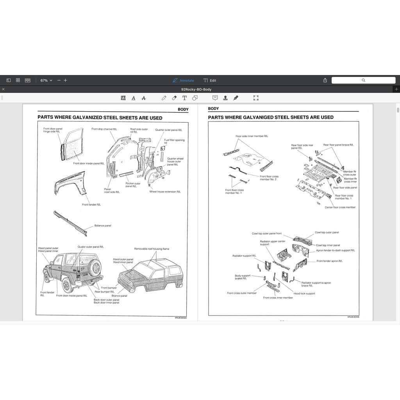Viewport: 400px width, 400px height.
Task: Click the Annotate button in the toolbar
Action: [184, 80]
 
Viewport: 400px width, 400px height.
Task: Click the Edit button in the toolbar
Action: [210, 80]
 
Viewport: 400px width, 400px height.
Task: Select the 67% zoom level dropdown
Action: [46, 80]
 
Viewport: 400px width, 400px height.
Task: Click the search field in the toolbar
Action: [363, 80]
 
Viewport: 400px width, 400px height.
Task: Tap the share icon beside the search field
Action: [325, 80]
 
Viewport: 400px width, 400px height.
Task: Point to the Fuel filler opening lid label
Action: [174, 141]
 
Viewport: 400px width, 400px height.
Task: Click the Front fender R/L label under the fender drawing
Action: [91, 205]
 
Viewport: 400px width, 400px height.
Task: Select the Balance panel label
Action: [103, 225]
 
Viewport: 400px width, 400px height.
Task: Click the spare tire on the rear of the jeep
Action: [94, 268]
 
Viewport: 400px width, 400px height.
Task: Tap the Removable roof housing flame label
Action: [152, 249]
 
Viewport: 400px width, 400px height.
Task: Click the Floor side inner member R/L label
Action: [252, 136]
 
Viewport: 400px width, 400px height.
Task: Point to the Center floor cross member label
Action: [340, 207]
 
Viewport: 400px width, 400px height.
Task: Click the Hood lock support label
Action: [304, 293]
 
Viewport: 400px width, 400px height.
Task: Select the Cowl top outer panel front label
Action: [266, 234]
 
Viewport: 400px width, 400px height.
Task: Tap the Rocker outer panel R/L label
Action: [133, 185]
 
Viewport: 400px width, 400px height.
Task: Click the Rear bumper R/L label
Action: [104, 292]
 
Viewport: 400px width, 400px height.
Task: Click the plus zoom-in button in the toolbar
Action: [65, 80]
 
